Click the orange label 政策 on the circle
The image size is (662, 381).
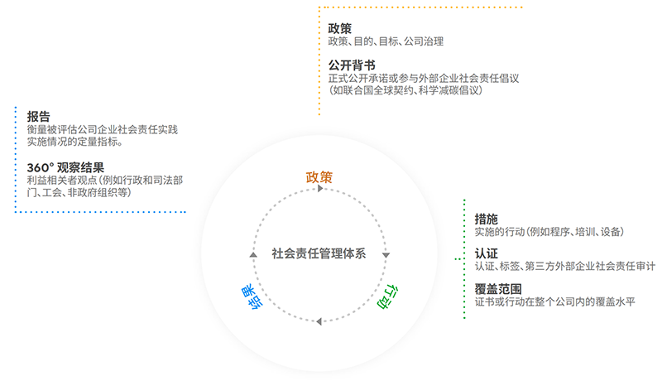319,176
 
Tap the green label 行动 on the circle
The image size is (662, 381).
389,296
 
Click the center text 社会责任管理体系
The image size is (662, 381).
319,253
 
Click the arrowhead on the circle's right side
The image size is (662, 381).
386,254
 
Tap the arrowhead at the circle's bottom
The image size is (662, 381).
319,319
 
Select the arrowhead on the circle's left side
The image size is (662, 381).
253,253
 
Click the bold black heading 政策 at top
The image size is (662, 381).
340,27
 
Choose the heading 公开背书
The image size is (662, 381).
352,65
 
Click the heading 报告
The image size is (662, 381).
38,116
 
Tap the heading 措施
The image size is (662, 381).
487,219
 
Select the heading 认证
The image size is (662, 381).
487,253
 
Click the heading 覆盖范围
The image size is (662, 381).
498,287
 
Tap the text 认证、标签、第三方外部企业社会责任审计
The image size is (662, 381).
565,267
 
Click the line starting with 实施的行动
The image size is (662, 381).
549,233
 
